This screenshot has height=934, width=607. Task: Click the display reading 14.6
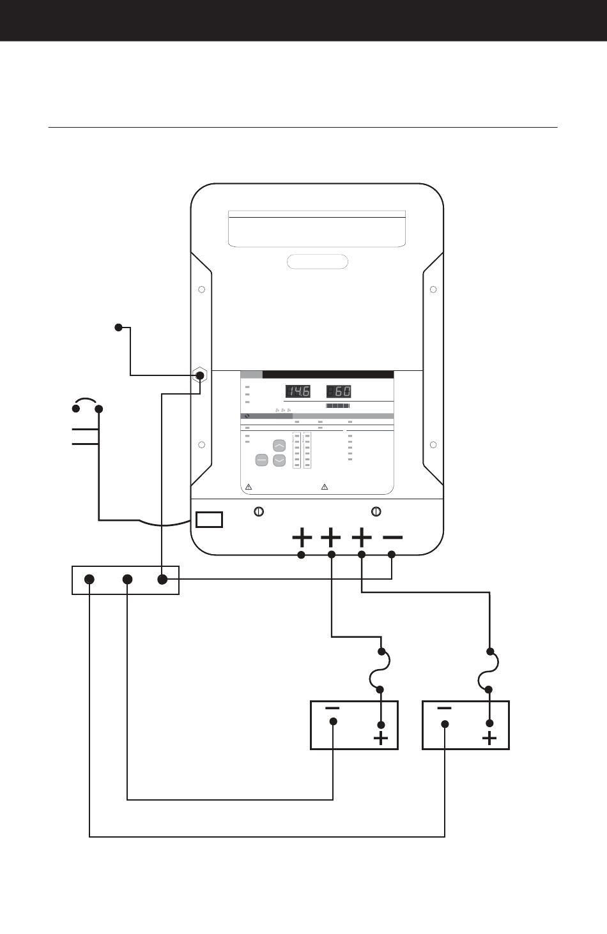(298, 391)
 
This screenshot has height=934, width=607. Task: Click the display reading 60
(339, 391)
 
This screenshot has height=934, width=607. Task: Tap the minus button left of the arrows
(261, 460)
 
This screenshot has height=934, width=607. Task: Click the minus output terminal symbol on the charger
(392, 538)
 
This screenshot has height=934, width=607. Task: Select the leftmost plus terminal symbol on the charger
(302, 538)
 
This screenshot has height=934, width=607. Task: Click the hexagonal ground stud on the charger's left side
(201, 374)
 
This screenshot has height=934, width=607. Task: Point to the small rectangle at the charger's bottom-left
(209, 519)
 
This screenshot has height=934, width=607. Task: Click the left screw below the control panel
(259, 511)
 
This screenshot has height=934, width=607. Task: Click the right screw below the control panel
(377, 511)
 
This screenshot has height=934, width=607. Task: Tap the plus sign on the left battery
(381, 739)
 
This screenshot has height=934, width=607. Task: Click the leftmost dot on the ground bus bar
(89, 579)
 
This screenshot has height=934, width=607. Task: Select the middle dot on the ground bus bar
(128, 579)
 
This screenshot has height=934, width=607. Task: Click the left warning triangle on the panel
(249, 487)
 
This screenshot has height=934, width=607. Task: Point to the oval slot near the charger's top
(318, 262)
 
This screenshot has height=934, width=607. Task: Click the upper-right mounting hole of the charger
(433, 290)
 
